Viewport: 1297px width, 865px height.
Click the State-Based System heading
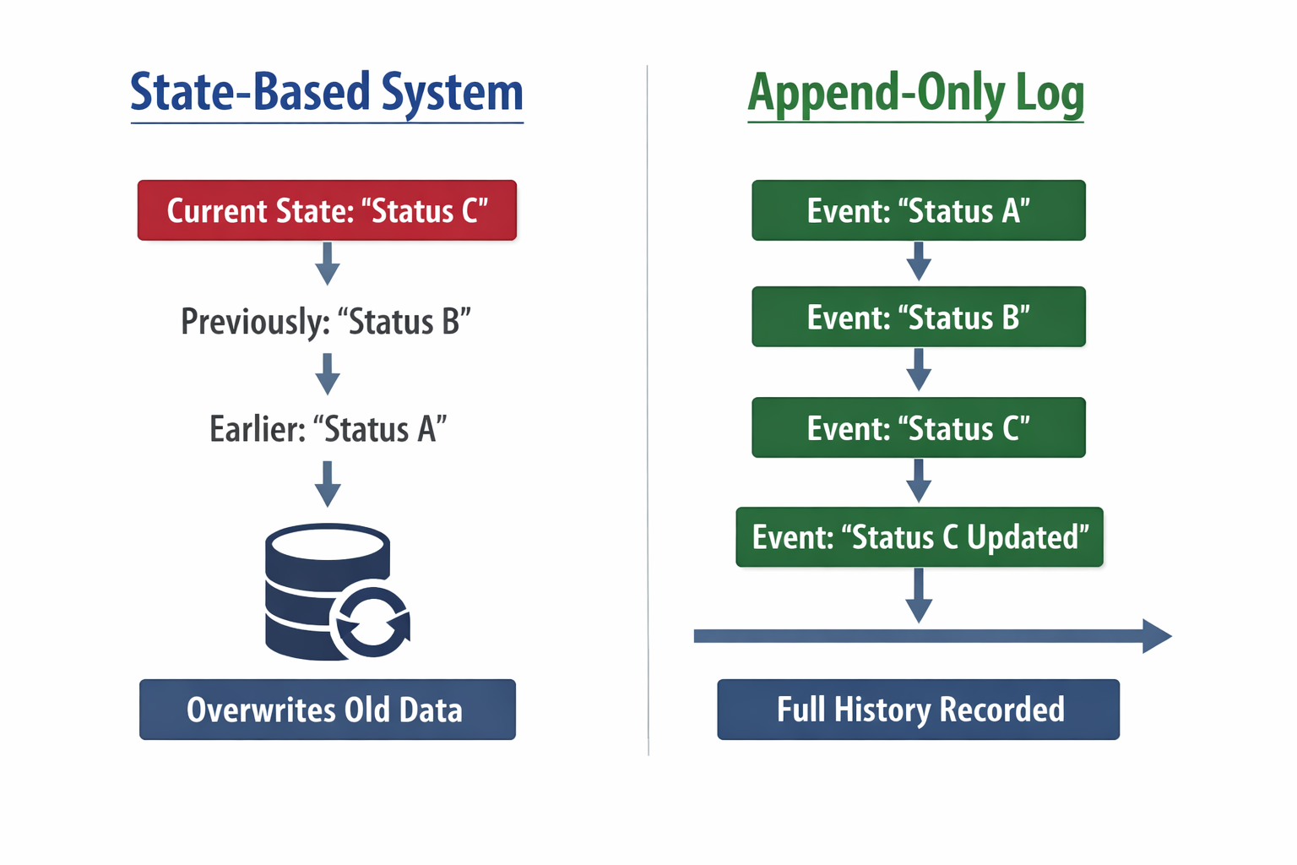click(x=327, y=93)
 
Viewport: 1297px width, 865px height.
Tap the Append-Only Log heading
click(x=915, y=93)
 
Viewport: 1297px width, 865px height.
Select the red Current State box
click(x=327, y=210)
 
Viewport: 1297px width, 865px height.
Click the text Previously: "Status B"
click(x=326, y=322)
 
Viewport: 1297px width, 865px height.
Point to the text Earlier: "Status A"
click(x=328, y=429)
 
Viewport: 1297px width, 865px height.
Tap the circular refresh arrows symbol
click(x=372, y=623)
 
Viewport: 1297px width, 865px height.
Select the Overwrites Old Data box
click(x=327, y=710)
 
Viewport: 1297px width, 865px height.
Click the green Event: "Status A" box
click(x=919, y=210)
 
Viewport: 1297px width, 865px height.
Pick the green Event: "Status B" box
click(x=919, y=318)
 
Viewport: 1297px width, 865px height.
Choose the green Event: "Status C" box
click(x=919, y=428)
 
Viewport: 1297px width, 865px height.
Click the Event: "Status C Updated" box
click(x=920, y=537)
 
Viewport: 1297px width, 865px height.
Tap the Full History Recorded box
click(x=919, y=710)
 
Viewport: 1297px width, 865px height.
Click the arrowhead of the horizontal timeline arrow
click(x=1156, y=636)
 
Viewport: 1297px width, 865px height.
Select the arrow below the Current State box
click(x=328, y=264)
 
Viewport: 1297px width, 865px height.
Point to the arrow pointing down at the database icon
click(x=328, y=483)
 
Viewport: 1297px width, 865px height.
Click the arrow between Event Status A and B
click(x=919, y=261)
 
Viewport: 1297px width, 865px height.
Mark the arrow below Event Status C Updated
click(x=919, y=595)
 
